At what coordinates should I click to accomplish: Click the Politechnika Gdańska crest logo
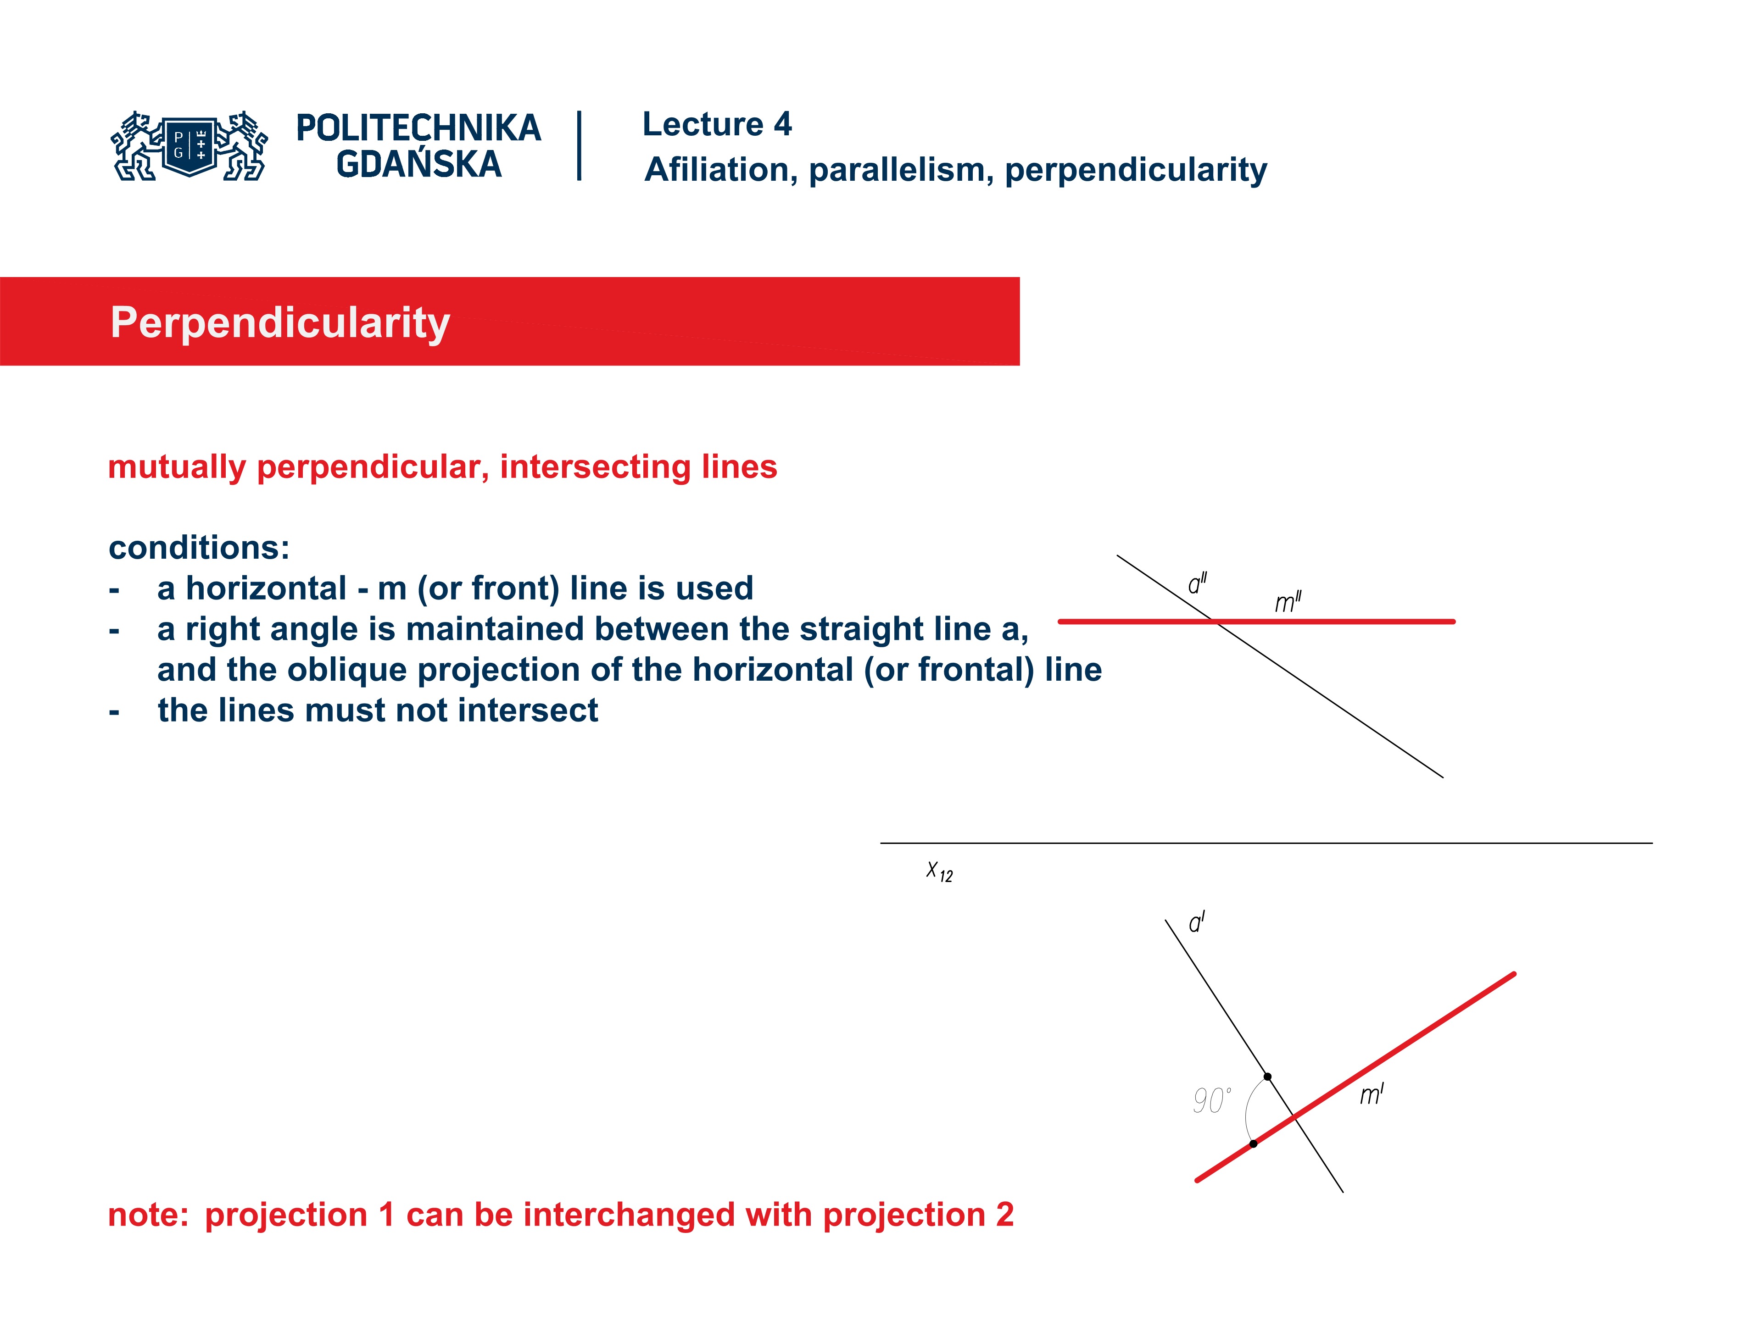point(190,146)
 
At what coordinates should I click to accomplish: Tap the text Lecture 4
point(717,124)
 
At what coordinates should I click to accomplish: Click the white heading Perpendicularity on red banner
point(280,322)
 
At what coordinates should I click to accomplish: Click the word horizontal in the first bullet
point(266,588)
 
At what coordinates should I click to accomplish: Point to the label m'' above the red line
point(1287,602)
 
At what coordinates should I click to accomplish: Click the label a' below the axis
point(1196,923)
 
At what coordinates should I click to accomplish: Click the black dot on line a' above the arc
point(1267,1077)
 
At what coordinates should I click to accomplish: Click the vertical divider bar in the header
point(579,146)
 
